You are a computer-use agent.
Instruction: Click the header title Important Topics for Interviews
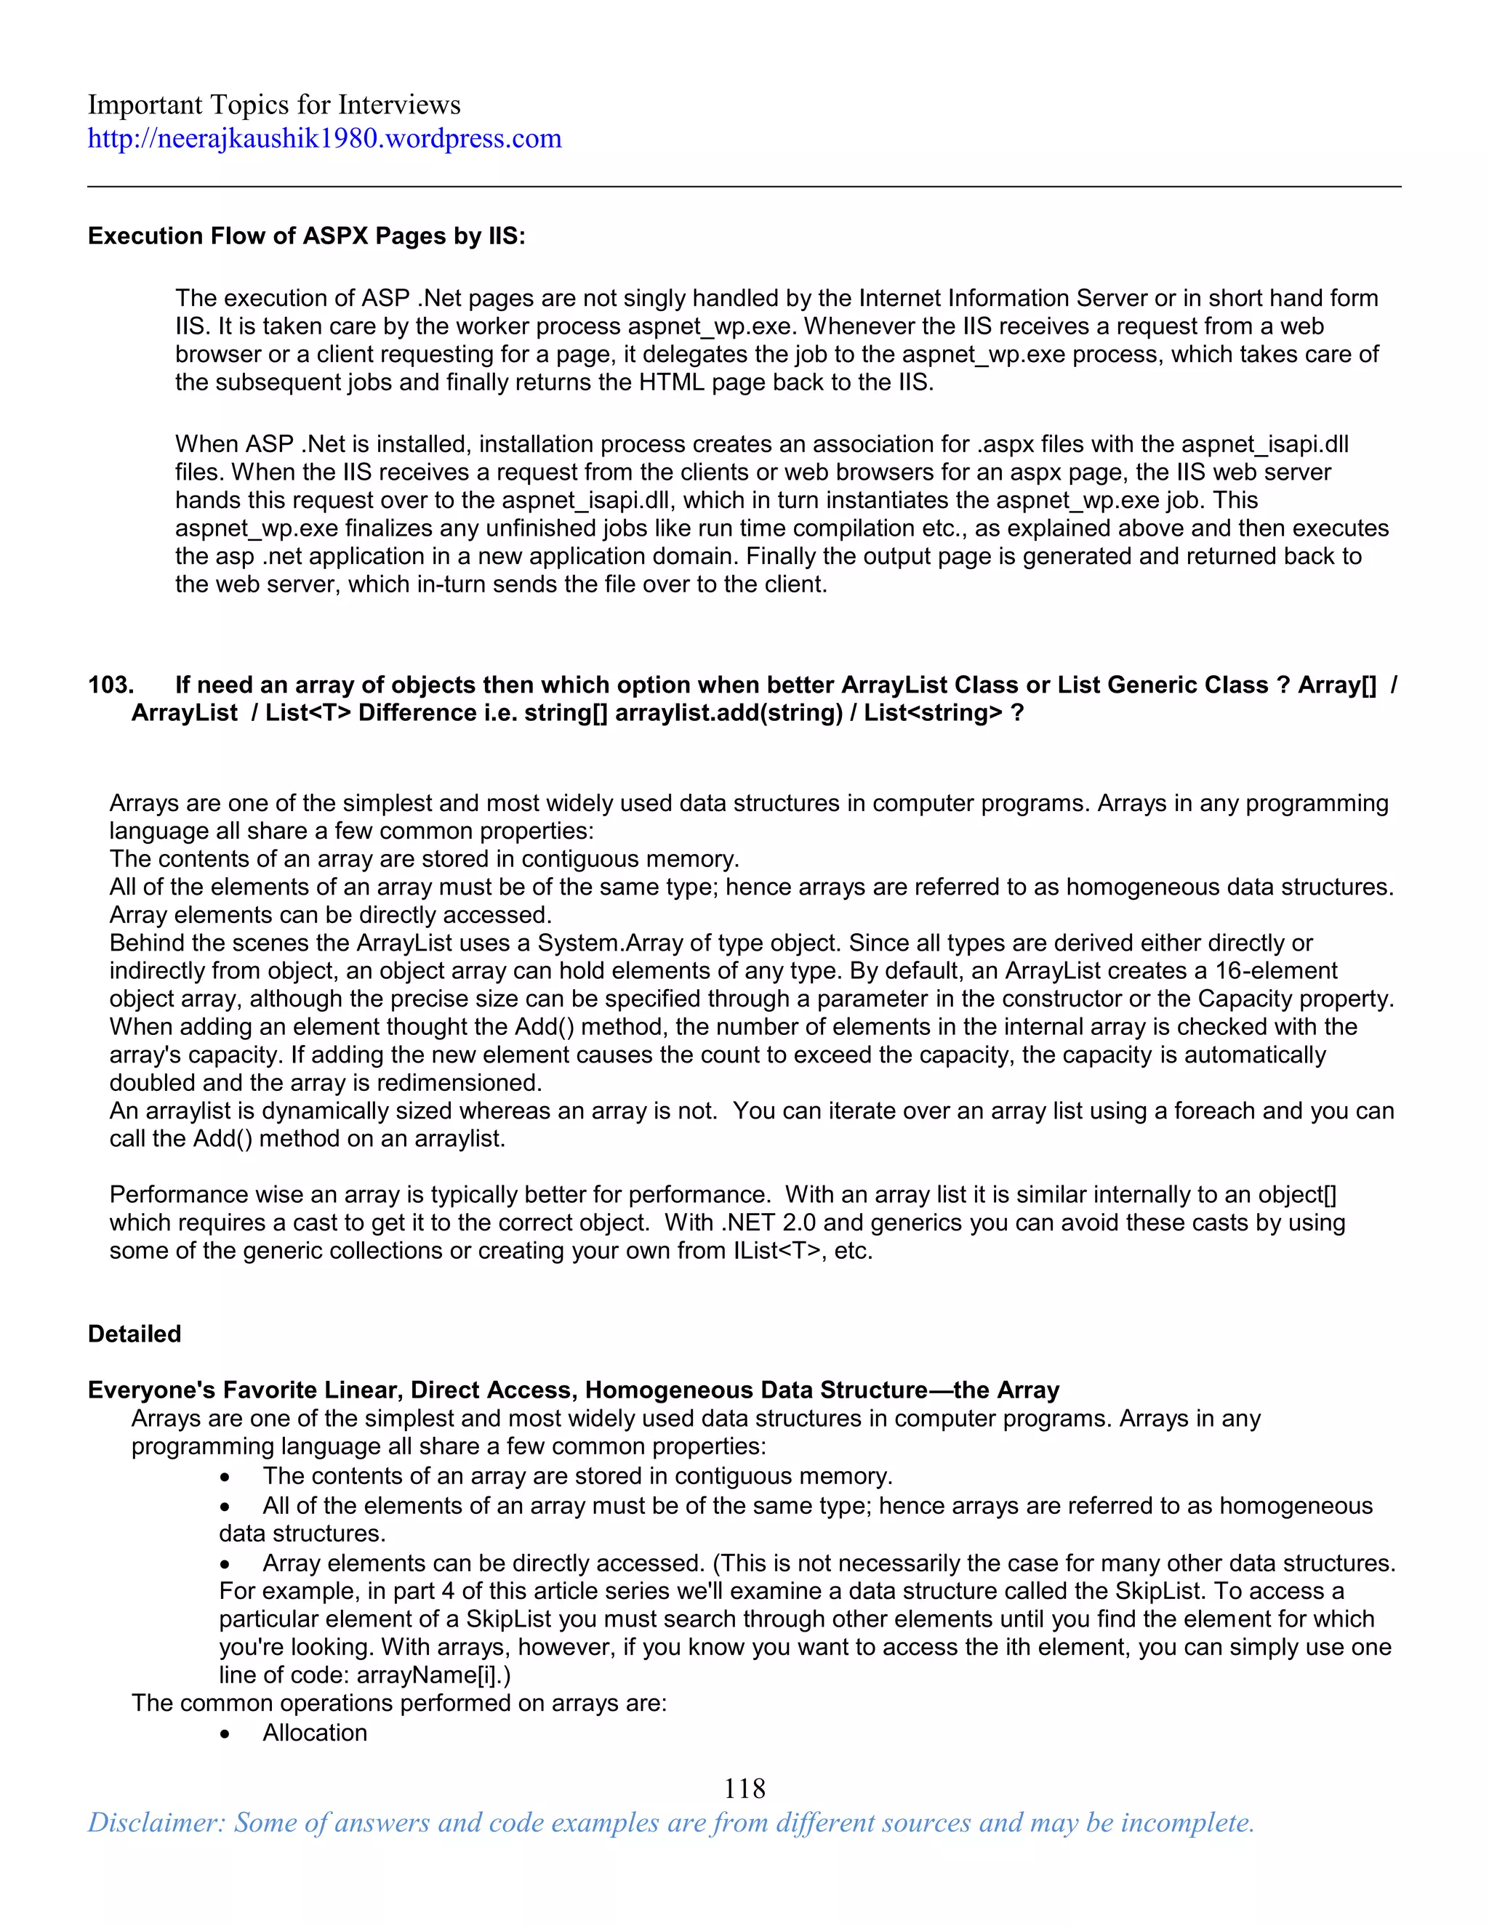[273, 105]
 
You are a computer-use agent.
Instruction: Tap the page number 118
[744, 1788]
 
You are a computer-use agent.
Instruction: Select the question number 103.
[111, 685]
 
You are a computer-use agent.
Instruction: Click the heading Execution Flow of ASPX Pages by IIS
[306, 236]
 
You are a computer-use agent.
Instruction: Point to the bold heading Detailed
[134, 1334]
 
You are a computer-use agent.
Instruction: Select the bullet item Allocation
[314, 1733]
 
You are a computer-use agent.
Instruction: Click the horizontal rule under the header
[744, 187]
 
